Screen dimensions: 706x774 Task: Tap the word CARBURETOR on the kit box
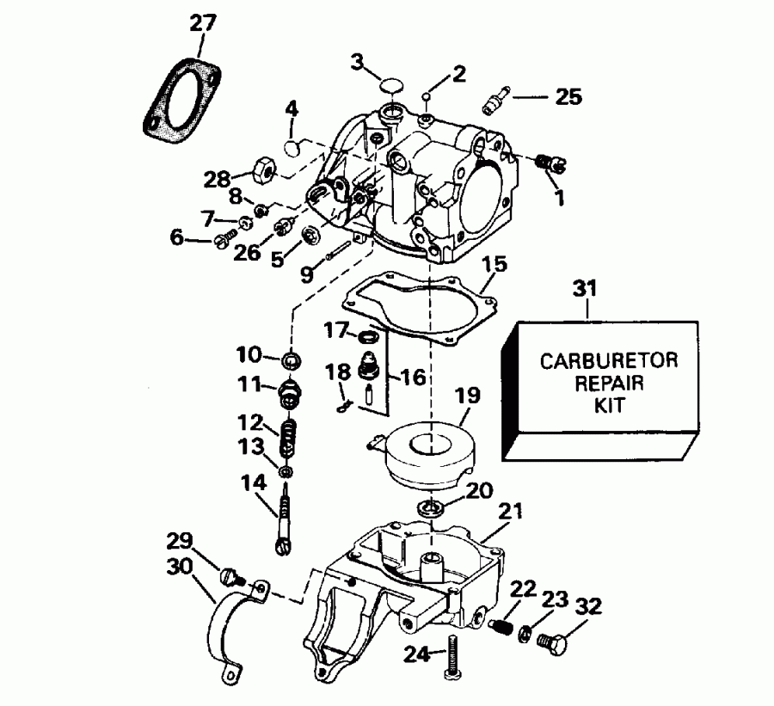pyautogui.click(x=608, y=359)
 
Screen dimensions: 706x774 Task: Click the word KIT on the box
pyautogui.click(x=609, y=403)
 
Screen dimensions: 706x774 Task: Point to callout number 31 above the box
pyautogui.click(x=587, y=292)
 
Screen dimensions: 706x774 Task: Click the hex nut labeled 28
pyautogui.click(x=261, y=170)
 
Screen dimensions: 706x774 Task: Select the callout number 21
pyautogui.click(x=511, y=511)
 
